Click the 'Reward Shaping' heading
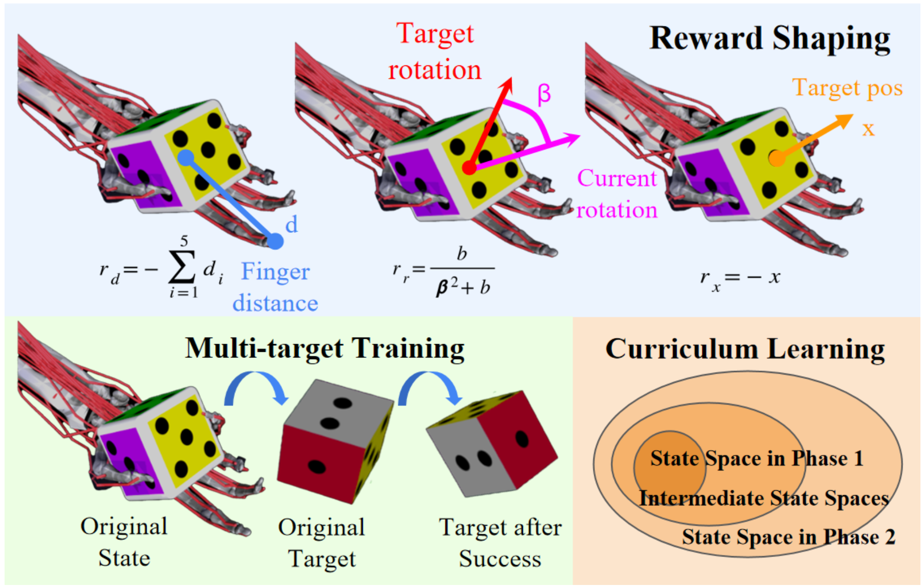769,39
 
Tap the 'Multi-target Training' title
325,349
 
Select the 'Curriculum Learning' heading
745,349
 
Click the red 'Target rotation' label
435,52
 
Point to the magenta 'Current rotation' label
617,194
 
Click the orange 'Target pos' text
847,88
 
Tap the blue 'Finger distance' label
275,287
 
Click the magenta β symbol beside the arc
544,94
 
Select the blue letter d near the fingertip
292,225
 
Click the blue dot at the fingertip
275,241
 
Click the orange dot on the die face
776,159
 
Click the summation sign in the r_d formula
182,267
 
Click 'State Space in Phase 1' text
757,459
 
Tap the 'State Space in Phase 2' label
788,537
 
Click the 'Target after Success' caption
500,543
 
